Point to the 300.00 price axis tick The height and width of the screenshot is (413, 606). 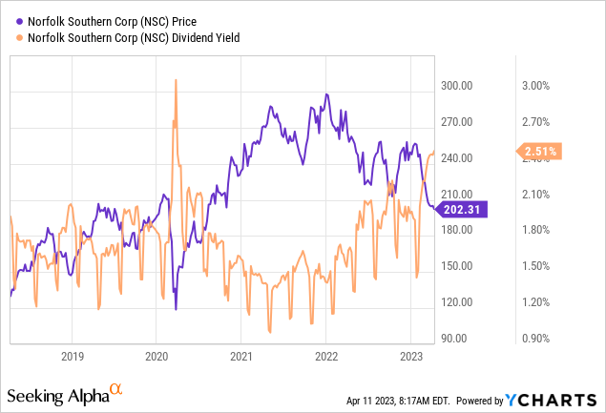point(457,86)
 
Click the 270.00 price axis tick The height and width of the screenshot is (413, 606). point(457,122)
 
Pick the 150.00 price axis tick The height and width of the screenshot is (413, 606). point(457,266)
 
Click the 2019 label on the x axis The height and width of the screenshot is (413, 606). point(73,358)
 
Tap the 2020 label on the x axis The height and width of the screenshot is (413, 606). point(157,358)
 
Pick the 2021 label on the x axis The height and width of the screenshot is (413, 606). point(241,358)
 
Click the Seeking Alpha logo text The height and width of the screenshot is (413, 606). point(57,395)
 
